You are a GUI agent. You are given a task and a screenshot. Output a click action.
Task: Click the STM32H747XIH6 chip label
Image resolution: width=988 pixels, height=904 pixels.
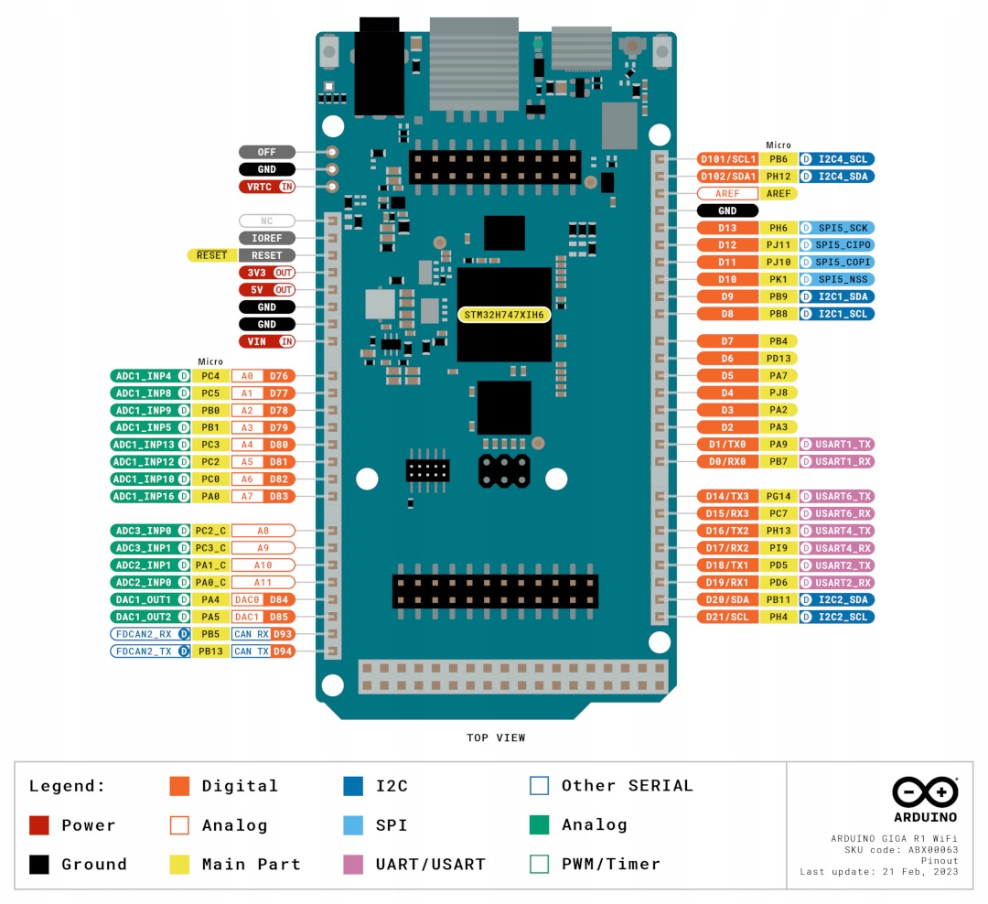tap(503, 315)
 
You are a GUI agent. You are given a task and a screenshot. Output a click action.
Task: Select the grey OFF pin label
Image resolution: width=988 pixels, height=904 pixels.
tap(267, 152)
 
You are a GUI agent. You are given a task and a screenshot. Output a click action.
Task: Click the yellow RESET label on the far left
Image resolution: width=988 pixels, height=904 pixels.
tap(211, 255)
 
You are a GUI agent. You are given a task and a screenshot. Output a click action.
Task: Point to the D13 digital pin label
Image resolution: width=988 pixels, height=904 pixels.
tap(727, 228)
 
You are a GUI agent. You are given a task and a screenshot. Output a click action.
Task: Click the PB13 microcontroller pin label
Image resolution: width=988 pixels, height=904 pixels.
tap(210, 651)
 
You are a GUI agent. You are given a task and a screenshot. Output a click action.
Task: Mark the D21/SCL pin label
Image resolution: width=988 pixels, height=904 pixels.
tap(727, 618)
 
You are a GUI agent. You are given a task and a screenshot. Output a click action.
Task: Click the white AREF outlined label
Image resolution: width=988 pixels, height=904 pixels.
tap(727, 194)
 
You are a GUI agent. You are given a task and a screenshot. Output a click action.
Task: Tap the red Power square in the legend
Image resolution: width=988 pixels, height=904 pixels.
tap(39, 825)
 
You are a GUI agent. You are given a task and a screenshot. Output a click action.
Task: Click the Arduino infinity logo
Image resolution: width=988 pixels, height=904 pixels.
tap(925, 791)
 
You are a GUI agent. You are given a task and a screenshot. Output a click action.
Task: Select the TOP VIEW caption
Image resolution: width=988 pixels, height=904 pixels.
tap(496, 737)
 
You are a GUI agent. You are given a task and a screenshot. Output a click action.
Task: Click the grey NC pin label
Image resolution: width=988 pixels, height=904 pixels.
tap(267, 221)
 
